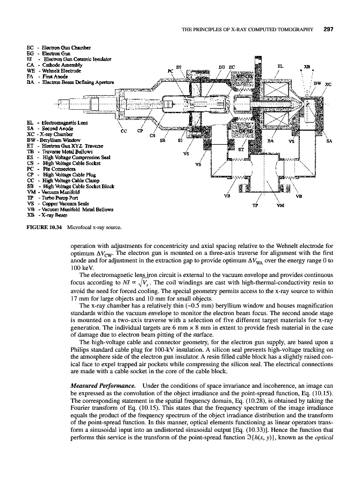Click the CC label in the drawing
point(124,131)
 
